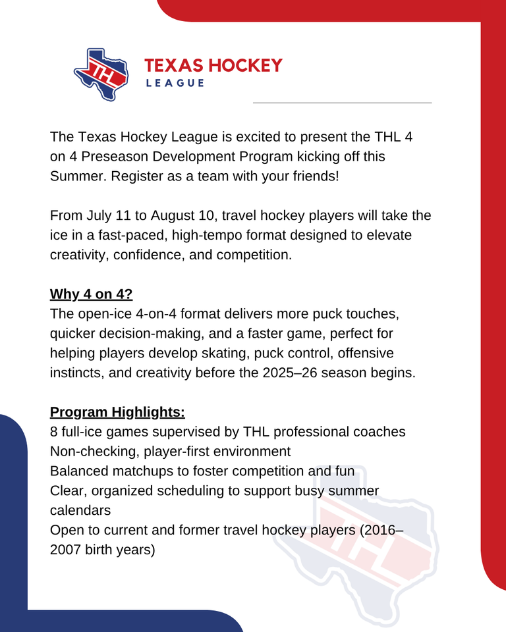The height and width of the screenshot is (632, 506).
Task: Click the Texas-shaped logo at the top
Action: tap(101, 73)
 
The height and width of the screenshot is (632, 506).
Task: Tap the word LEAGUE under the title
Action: tap(174, 83)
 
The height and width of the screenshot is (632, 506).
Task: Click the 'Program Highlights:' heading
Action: tap(117, 412)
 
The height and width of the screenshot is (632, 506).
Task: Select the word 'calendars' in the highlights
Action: tap(81, 510)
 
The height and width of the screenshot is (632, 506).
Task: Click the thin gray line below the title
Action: tap(342, 103)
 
